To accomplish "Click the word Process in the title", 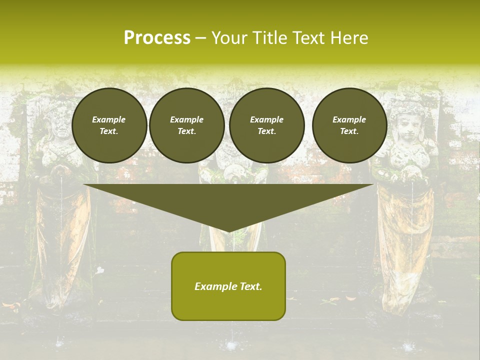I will pos(157,38).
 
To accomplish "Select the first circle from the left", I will pos(109,125).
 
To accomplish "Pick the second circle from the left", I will pos(186,125).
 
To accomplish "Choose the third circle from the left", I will pos(266,125).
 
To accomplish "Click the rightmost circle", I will pos(349,125).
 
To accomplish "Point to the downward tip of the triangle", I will pos(229,231).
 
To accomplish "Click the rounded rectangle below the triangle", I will pos(228,305).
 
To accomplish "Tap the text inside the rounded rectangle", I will pos(228,286).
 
